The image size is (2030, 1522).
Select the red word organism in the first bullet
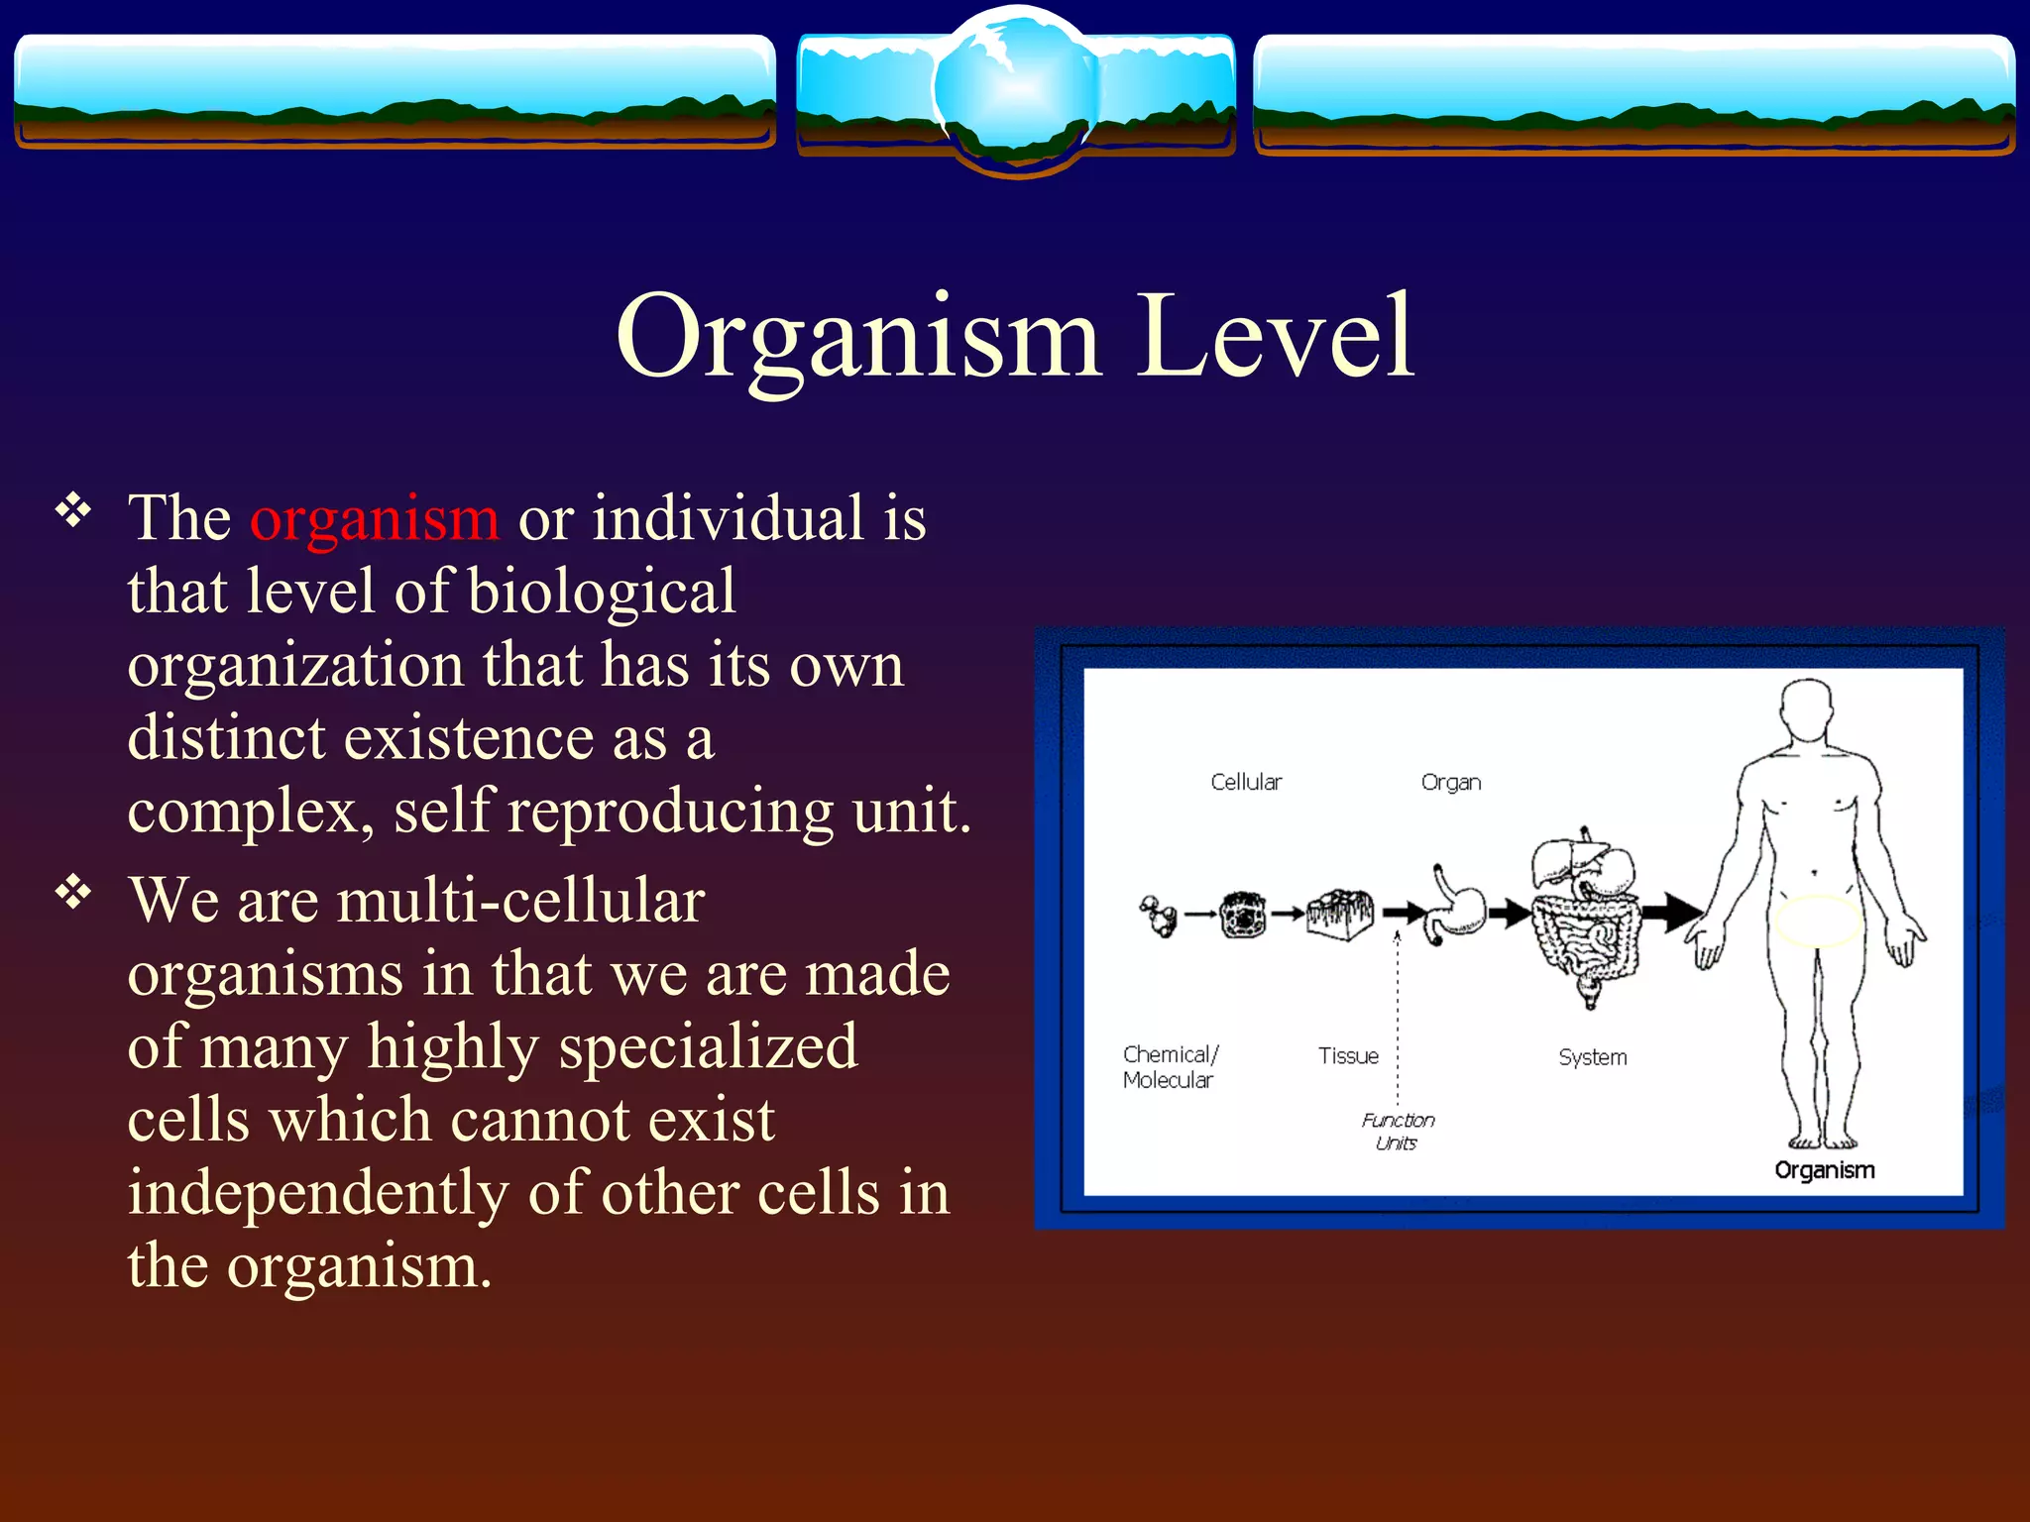click(375, 518)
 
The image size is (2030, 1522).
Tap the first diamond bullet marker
click(73, 511)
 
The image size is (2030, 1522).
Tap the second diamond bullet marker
click(73, 893)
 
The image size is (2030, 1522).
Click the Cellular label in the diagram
click(1246, 782)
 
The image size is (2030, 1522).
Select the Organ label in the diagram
click(1450, 782)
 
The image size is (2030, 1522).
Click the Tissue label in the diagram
click(1348, 1055)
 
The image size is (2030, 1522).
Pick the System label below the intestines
click(1592, 1056)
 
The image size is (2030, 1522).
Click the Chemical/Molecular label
click(1170, 1067)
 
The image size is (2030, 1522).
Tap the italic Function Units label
click(1398, 1131)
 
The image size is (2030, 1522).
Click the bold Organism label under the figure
click(1824, 1170)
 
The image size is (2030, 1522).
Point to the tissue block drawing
click(1339, 912)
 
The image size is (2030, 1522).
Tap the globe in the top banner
click(1017, 89)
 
